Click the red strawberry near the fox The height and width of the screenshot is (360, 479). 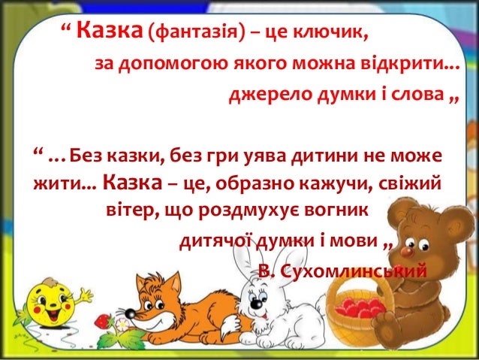click(102, 321)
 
